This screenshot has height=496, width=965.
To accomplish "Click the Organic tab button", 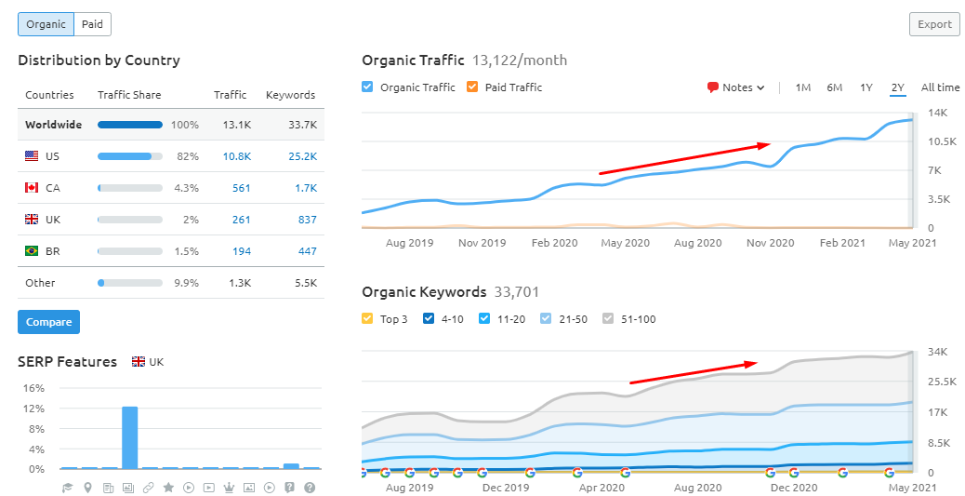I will tap(46, 24).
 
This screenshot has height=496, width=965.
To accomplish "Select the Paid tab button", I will tap(92, 24).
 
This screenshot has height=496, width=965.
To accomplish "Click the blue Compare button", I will tap(48, 322).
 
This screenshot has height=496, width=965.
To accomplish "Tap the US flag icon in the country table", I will tap(32, 156).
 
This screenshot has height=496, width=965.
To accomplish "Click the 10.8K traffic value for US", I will tap(236, 156).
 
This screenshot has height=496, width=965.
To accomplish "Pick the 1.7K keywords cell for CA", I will tap(305, 188).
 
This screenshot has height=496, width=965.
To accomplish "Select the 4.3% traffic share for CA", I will tap(186, 188).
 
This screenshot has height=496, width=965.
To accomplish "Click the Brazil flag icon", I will tap(32, 251).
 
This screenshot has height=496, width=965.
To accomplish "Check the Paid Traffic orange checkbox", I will tap(472, 87).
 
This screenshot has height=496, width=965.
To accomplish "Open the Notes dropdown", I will tap(736, 87).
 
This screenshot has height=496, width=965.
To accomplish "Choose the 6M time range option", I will tap(834, 87).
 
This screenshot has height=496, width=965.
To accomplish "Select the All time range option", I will tap(940, 87).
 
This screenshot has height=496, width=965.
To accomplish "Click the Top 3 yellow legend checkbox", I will tap(368, 319).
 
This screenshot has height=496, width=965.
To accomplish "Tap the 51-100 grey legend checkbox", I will tap(608, 319).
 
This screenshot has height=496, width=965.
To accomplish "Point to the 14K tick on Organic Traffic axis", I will tap(937, 113).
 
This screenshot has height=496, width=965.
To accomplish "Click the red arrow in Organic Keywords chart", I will tap(694, 372).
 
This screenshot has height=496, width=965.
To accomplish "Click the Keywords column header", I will tap(290, 95).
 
